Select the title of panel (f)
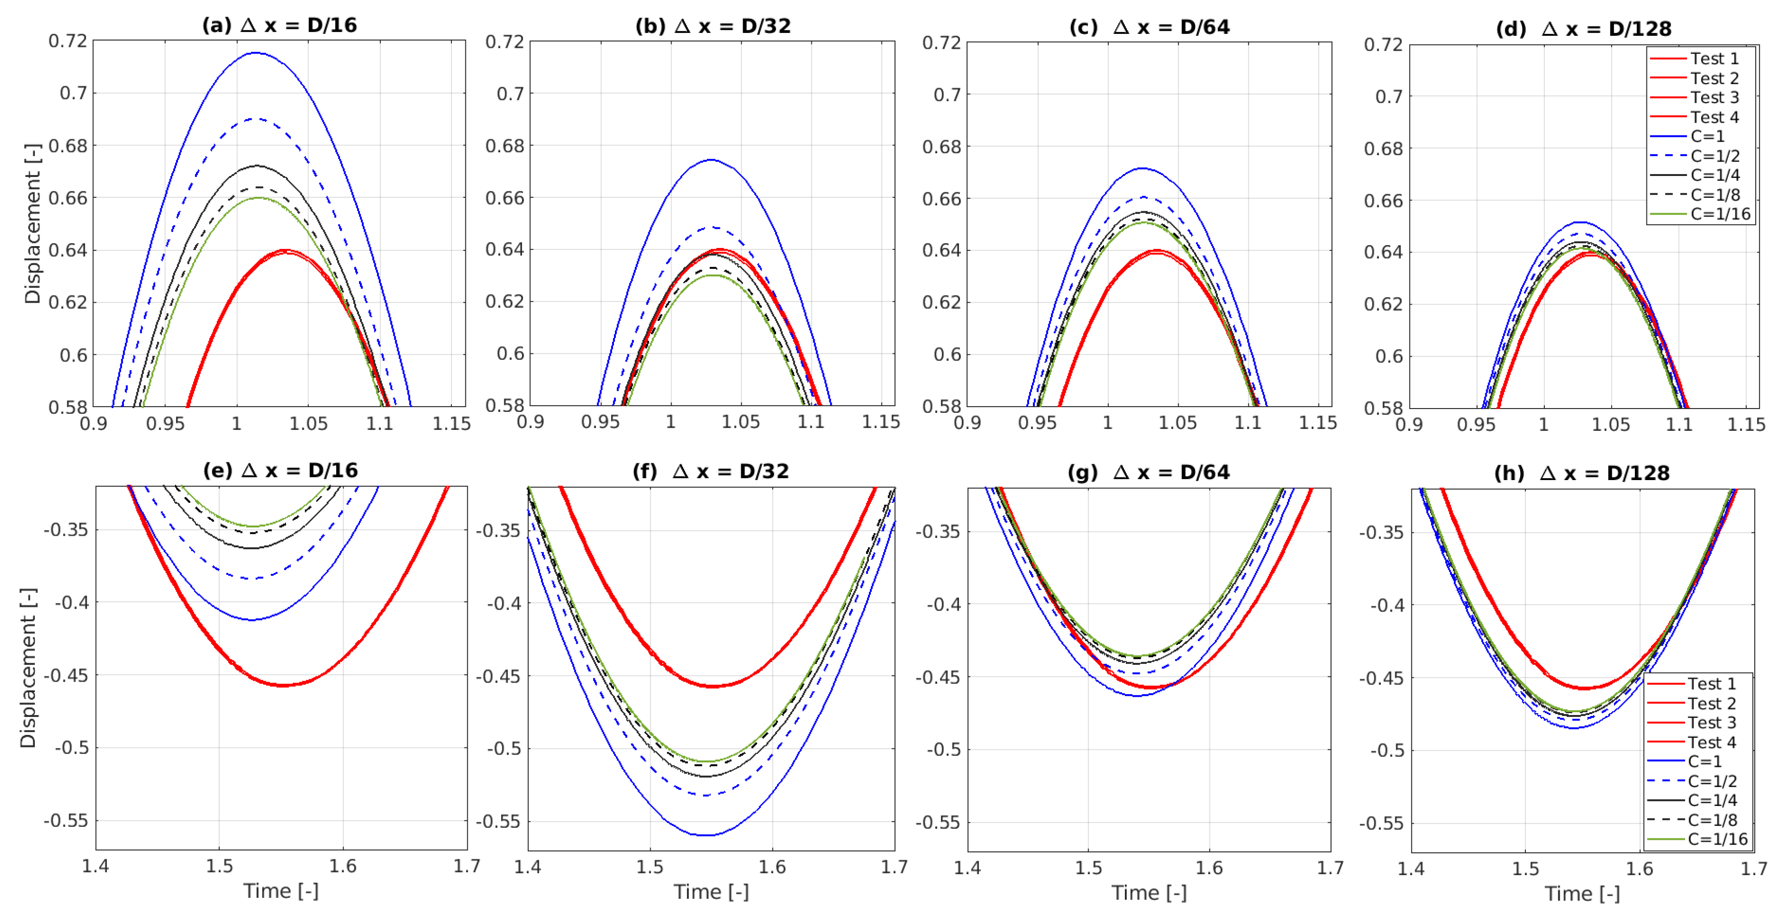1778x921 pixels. point(710,471)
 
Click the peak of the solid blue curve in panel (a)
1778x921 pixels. point(255,52)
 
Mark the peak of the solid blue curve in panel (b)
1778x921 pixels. point(711,160)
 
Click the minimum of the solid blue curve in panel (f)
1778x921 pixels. point(707,835)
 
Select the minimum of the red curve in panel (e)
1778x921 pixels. point(283,685)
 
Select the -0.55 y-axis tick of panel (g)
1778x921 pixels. point(937,822)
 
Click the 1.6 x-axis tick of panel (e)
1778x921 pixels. point(343,866)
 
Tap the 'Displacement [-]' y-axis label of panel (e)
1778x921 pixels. point(28,667)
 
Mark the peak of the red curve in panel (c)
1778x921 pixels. point(1157,250)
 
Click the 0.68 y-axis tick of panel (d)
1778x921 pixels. point(1383,148)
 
